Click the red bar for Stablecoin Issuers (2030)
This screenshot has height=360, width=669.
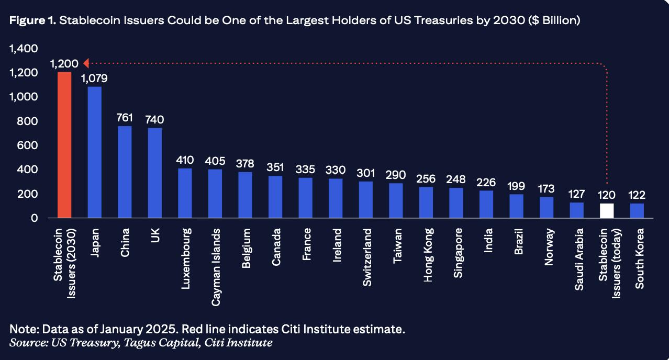[x=64, y=145]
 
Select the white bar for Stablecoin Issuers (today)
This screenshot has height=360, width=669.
[x=607, y=211]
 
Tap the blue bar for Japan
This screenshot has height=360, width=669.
[x=95, y=152]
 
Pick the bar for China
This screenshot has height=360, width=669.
[x=125, y=172]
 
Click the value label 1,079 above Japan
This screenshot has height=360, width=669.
[x=95, y=78]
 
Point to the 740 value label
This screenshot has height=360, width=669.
[x=155, y=119]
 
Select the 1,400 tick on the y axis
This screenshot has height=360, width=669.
[x=24, y=49]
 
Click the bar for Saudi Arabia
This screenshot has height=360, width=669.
[x=576, y=210]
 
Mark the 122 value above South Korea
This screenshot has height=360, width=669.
[x=637, y=195]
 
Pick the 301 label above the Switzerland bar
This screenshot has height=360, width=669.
[x=366, y=173]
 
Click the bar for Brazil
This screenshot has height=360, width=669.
[x=516, y=206]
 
